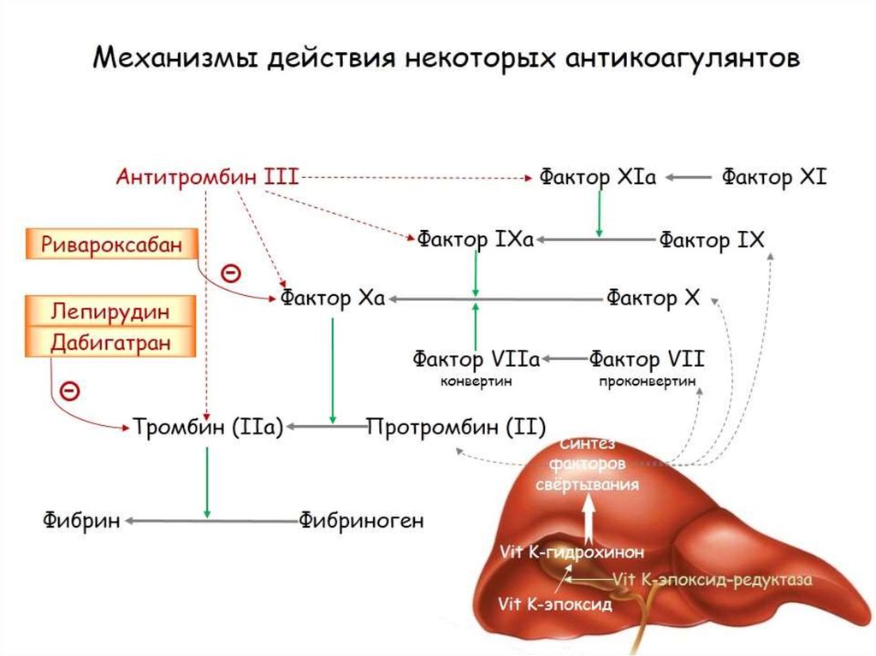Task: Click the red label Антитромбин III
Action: [x=207, y=177]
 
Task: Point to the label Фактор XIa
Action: [x=597, y=177]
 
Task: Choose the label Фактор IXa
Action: [x=476, y=239]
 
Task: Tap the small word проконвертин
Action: [x=648, y=381]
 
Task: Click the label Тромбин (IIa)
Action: [x=208, y=426]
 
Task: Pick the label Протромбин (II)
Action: [x=455, y=426]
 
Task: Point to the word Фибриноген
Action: [x=361, y=520]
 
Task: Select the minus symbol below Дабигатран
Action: [x=70, y=392]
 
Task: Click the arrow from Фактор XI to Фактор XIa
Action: [x=688, y=178]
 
